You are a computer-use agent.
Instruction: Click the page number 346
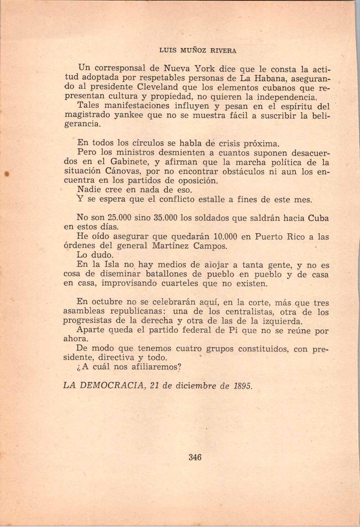tap(195, 457)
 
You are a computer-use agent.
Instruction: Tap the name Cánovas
tap(123, 171)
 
